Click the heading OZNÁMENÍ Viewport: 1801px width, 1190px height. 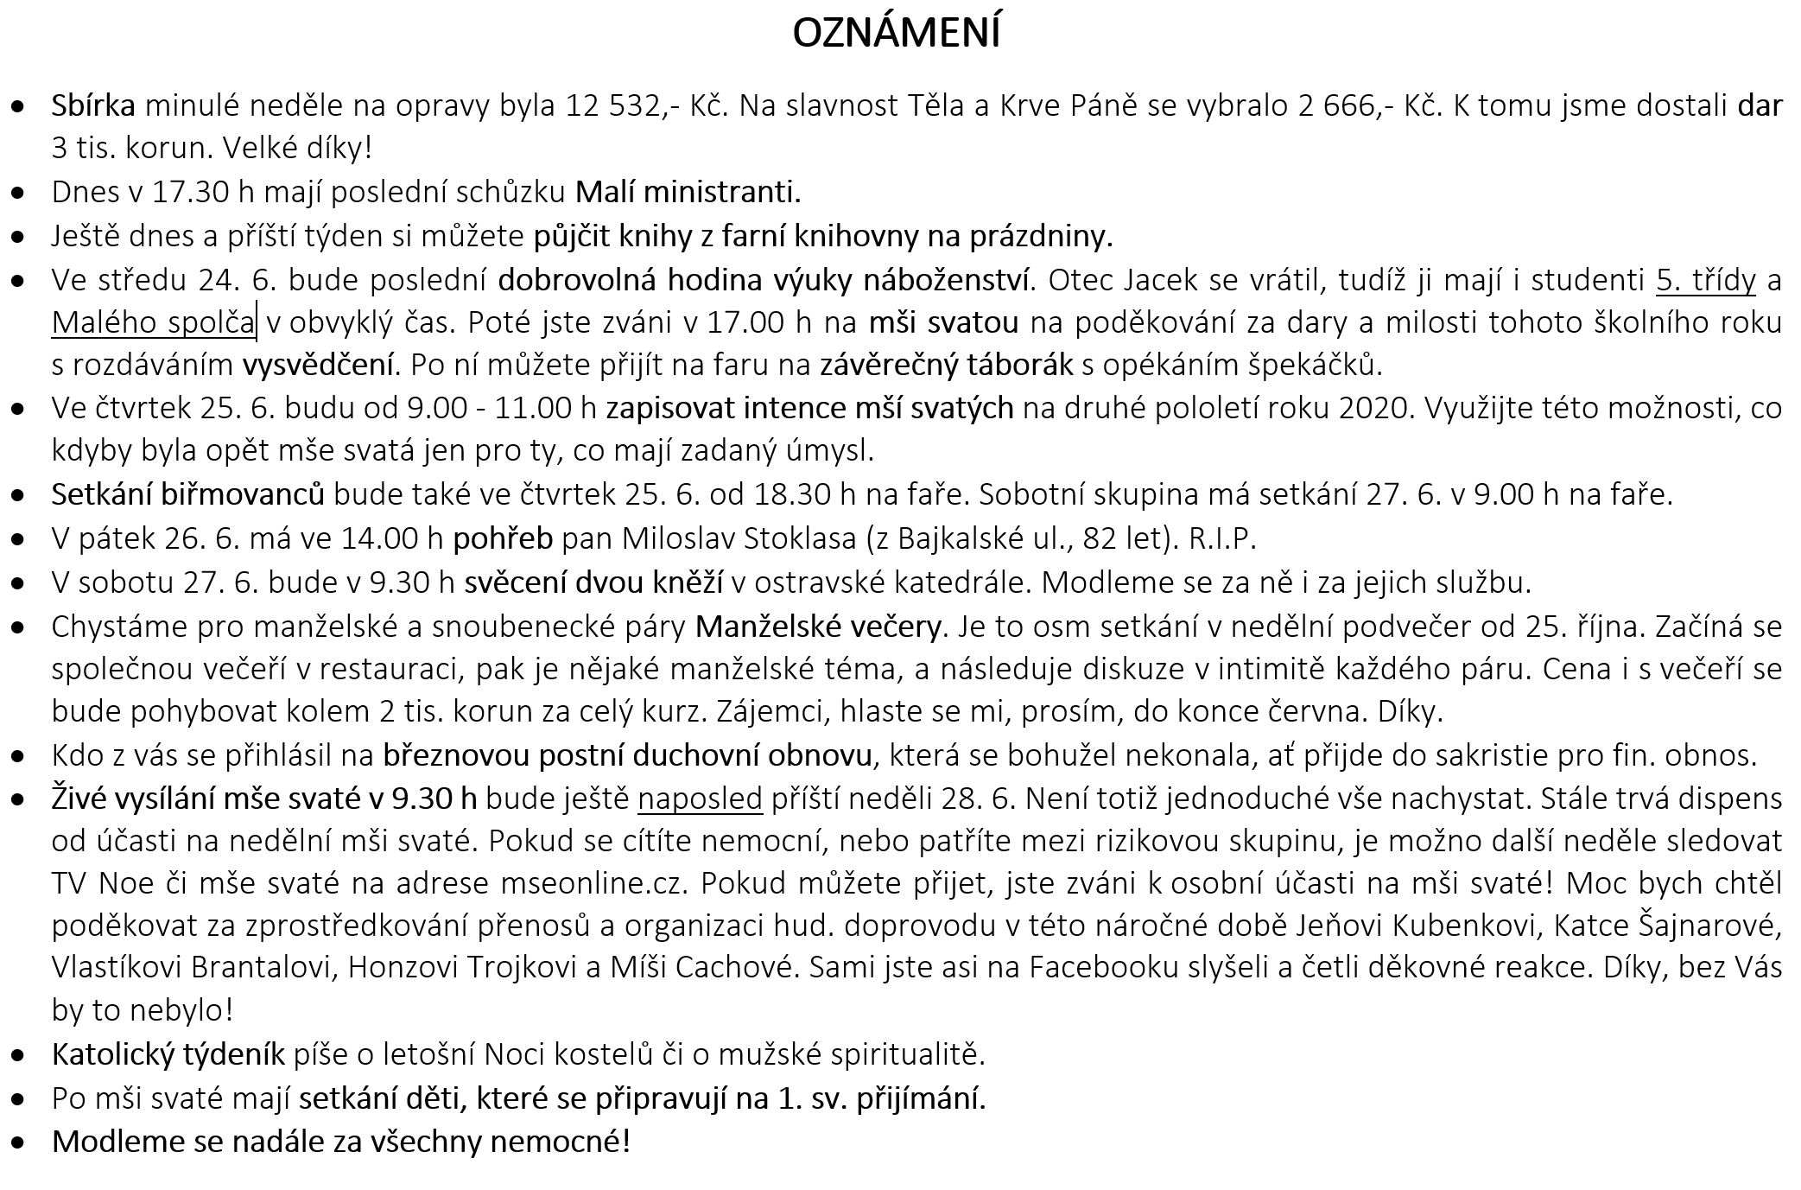click(896, 34)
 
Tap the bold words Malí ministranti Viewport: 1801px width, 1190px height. click(688, 192)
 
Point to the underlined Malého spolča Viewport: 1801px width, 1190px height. click(153, 322)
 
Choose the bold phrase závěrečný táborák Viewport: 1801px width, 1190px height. click(946, 366)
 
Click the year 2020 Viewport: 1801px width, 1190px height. click(1373, 408)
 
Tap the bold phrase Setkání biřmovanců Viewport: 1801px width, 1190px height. click(187, 494)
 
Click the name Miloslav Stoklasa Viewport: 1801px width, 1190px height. click(740, 538)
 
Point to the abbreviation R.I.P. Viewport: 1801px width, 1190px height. click(1222, 538)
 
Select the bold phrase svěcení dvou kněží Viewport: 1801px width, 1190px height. click(593, 582)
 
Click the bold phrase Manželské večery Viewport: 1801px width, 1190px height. click(818, 626)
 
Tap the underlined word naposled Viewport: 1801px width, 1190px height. click(700, 798)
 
